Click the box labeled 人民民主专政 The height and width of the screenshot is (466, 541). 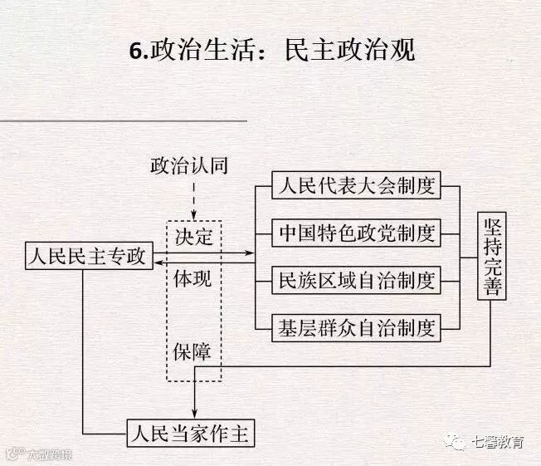[85, 257]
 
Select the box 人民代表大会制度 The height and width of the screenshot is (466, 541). [357, 184]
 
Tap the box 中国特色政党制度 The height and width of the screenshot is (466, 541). [357, 233]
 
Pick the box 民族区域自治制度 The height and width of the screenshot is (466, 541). [357, 280]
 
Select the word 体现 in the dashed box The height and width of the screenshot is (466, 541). [193, 278]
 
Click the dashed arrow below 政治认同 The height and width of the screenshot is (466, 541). [193, 199]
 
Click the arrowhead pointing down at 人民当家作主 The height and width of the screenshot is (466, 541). [193, 416]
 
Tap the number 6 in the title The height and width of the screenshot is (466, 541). [134, 51]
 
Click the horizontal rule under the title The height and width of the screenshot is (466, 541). [124, 120]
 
